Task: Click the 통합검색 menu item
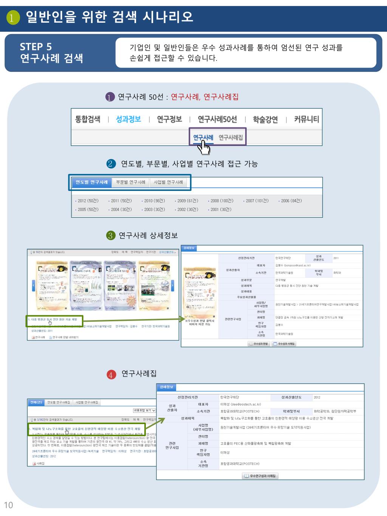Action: click(x=88, y=119)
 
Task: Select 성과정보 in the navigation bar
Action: click(x=128, y=119)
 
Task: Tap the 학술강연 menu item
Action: click(x=265, y=120)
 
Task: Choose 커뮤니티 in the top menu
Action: click(x=306, y=119)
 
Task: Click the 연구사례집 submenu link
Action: click(x=231, y=138)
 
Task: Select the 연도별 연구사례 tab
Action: click(x=91, y=182)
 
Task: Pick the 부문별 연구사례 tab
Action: click(x=131, y=182)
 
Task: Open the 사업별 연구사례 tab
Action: click(x=168, y=182)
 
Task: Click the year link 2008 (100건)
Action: click(x=221, y=201)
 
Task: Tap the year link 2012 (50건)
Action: click(x=88, y=201)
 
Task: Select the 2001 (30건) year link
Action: click(x=221, y=209)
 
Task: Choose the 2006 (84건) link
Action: click(x=291, y=201)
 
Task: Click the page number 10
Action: click(x=8, y=505)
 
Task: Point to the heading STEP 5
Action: click(x=36, y=47)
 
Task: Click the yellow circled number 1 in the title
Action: click(x=13, y=18)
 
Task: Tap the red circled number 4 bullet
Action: click(x=111, y=374)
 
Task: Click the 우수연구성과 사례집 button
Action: click(x=260, y=476)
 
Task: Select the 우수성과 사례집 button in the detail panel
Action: click(x=284, y=344)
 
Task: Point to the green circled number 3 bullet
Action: click(x=110, y=236)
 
